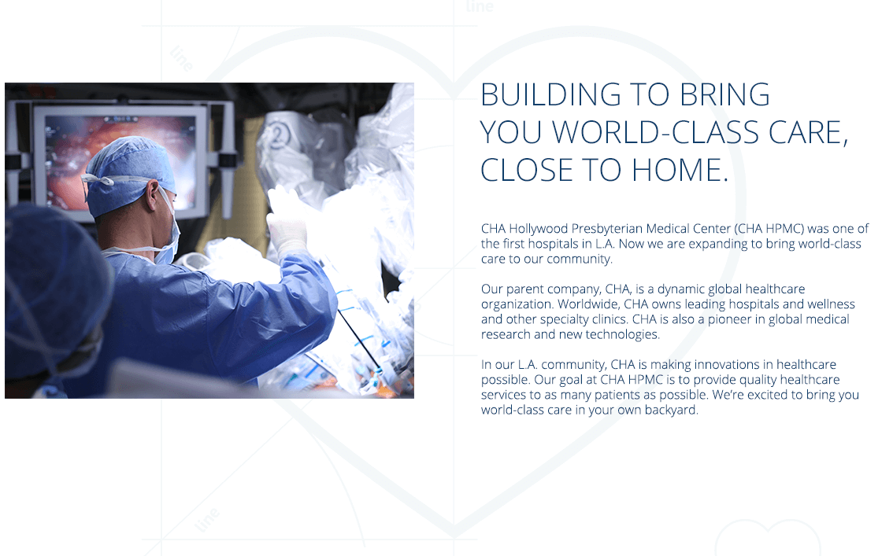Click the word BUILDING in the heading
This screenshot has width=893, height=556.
[x=550, y=95]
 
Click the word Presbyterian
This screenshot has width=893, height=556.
[x=607, y=229]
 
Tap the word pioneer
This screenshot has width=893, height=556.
[x=729, y=319]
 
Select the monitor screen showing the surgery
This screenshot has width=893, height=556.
[x=121, y=162]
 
